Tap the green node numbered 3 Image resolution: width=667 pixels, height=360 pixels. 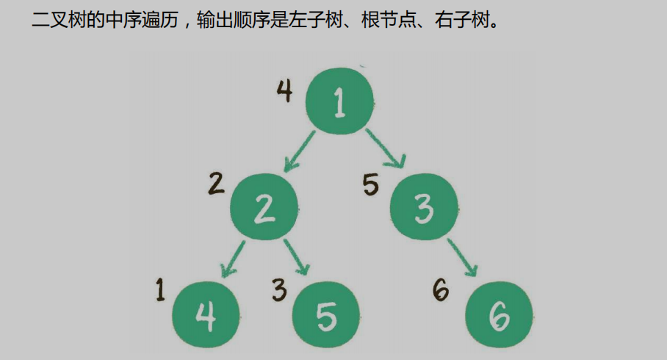(424, 207)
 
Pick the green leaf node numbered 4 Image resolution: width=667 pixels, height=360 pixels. (206, 315)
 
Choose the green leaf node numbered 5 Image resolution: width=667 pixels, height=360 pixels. (325, 315)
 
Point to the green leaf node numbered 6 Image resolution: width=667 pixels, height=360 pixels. (499, 315)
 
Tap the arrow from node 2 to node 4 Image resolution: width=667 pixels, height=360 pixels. (233, 258)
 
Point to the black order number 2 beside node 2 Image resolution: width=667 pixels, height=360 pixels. (215, 183)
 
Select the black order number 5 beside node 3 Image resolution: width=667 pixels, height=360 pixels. (372, 184)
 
